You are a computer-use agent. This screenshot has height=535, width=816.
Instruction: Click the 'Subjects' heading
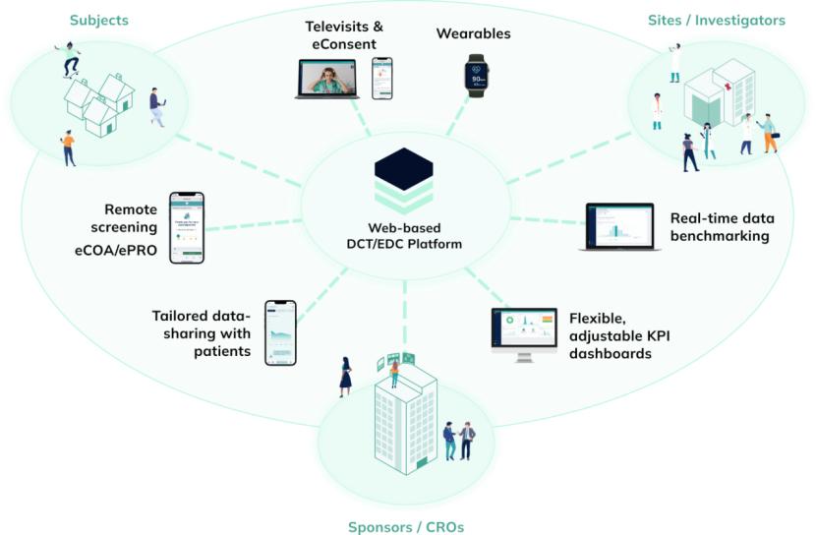pyautogui.click(x=98, y=20)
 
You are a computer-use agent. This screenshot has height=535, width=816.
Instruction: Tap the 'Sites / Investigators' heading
pyautogui.click(x=717, y=20)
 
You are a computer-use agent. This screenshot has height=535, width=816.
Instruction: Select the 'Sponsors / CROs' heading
pyautogui.click(x=405, y=526)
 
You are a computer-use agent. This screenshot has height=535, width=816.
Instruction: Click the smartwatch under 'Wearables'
pyautogui.click(x=477, y=75)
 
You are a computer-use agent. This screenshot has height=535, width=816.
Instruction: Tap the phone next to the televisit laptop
pyautogui.click(x=381, y=78)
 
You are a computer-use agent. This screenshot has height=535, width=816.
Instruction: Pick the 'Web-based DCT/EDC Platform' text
pyautogui.click(x=403, y=236)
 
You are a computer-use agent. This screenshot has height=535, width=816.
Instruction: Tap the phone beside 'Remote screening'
pyautogui.click(x=187, y=227)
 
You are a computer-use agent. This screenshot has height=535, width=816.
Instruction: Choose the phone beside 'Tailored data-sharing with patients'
pyautogui.click(x=280, y=332)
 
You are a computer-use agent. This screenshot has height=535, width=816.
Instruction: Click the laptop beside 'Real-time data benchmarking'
pyautogui.click(x=619, y=227)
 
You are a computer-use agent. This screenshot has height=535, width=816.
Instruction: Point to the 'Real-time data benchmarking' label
pyautogui.click(x=720, y=227)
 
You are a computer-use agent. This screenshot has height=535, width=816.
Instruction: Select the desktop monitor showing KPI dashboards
pyautogui.click(x=523, y=332)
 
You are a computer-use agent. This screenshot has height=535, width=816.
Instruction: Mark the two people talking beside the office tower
pyautogui.click(x=458, y=440)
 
